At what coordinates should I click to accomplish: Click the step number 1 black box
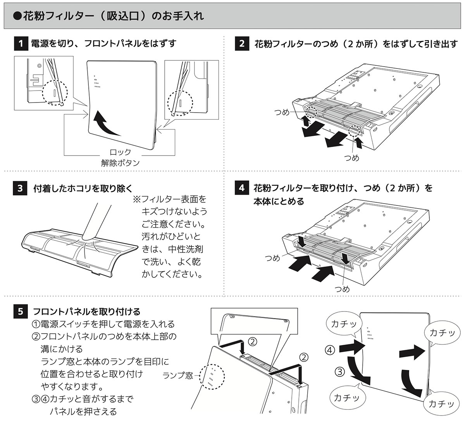(x=20, y=43)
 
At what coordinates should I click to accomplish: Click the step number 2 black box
(x=242, y=43)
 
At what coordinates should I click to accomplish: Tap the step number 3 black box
(x=20, y=188)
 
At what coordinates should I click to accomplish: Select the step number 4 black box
(x=242, y=188)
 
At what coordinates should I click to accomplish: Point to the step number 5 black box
(x=20, y=311)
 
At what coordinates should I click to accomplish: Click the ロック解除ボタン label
(x=120, y=157)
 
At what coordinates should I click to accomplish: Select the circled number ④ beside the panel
(x=329, y=350)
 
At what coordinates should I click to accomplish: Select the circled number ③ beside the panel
(x=339, y=372)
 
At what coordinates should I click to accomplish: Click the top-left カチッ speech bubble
(x=344, y=324)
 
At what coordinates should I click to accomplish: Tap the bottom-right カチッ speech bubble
(x=441, y=403)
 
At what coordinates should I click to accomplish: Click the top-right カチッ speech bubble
(x=442, y=333)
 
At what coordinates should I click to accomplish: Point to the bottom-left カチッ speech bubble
(x=346, y=397)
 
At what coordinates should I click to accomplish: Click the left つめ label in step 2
(x=282, y=113)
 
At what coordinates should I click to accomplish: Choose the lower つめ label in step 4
(x=342, y=289)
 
